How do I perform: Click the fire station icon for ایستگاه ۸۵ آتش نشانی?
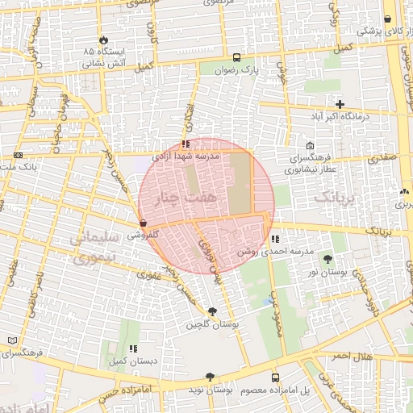103,40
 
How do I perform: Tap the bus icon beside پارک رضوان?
236,57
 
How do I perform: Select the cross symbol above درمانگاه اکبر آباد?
340,104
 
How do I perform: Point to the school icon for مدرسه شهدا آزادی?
186,145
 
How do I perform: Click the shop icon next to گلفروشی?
143,223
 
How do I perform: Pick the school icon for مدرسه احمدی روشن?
275,239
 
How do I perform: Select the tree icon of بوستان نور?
327,259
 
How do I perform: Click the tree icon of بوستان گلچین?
212,311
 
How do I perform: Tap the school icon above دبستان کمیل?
131,349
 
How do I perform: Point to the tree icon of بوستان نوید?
210,377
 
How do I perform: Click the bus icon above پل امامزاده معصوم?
275,378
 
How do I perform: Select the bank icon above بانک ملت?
18,154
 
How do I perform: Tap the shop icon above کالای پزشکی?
388,19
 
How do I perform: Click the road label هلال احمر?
352,357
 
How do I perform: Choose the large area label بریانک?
333,196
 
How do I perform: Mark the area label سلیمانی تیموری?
96,248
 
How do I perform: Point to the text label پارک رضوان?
241,70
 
